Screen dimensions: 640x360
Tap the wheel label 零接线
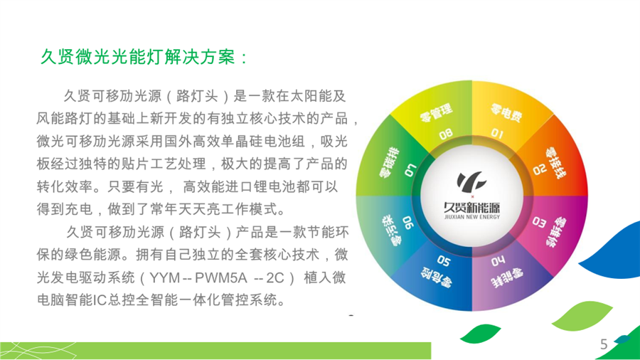pyautogui.click(x=555, y=164)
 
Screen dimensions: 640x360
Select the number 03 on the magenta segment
pyautogui.click(x=539, y=223)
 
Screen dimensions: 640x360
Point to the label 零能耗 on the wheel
pyautogui.click(x=506, y=278)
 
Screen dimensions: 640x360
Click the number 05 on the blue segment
pyautogui.click(x=443, y=260)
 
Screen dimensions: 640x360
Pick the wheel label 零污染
pyautogui.click(x=390, y=230)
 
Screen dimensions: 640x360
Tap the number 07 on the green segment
pyautogui.click(x=410, y=171)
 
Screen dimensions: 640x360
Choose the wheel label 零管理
pyautogui.click(x=437, y=112)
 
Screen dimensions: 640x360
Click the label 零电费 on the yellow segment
pyautogui.click(x=506, y=112)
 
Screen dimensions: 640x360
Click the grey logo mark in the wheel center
pyautogui.click(x=471, y=181)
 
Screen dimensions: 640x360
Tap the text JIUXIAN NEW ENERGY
pyautogui.click(x=472, y=217)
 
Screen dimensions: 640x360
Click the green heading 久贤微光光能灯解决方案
pyautogui.click(x=139, y=57)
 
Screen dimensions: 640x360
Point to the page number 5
pyautogui.click(x=604, y=344)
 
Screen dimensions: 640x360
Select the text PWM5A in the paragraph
pyautogui.click(x=221, y=277)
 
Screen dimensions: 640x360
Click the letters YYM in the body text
pyautogui.click(x=165, y=277)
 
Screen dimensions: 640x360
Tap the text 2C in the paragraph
pyautogui.click(x=274, y=277)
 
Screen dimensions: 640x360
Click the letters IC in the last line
pyautogui.click(x=100, y=300)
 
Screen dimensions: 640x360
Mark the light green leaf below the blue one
pyautogui.click(x=582, y=315)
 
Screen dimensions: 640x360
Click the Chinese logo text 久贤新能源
pyautogui.click(x=472, y=207)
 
